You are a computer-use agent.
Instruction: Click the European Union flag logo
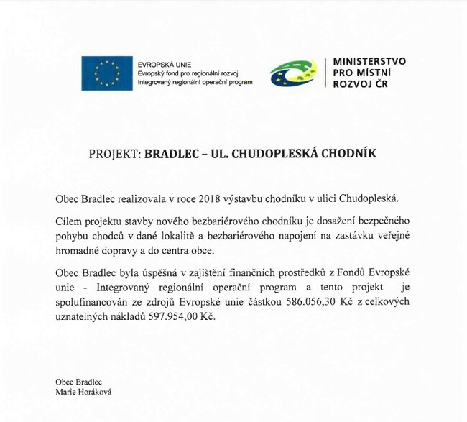pos(106,73)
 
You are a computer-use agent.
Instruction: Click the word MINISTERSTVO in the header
pos(369,62)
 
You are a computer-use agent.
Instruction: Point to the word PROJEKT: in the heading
pos(115,153)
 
